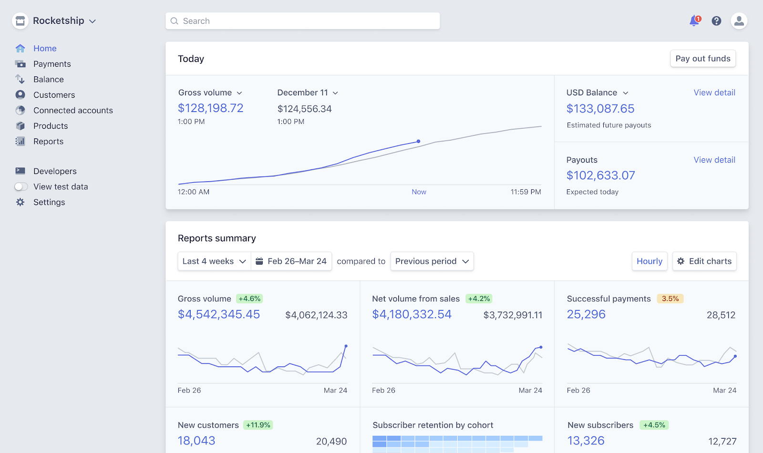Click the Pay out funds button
(x=702, y=59)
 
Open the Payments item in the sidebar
(x=52, y=64)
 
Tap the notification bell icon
(x=694, y=21)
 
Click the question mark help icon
(x=716, y=21)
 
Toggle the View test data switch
(x=21, y=187)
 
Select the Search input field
(x=302, y=21)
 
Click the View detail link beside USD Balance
(x=714, y=93)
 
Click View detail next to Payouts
(x=714, y=160)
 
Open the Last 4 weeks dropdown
(x=214, y=261)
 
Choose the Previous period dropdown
(x=432, y=261)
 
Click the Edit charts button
(x=704, y=261)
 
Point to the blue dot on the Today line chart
(x=418, y=141)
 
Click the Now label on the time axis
(x=419, y=192)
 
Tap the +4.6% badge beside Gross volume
(x=249, y=299)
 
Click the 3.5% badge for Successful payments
(x=670, y=299)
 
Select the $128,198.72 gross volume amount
(x=210, y=108)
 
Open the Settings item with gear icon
(x=49, y=202)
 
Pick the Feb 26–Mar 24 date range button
(x=291, y=261)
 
